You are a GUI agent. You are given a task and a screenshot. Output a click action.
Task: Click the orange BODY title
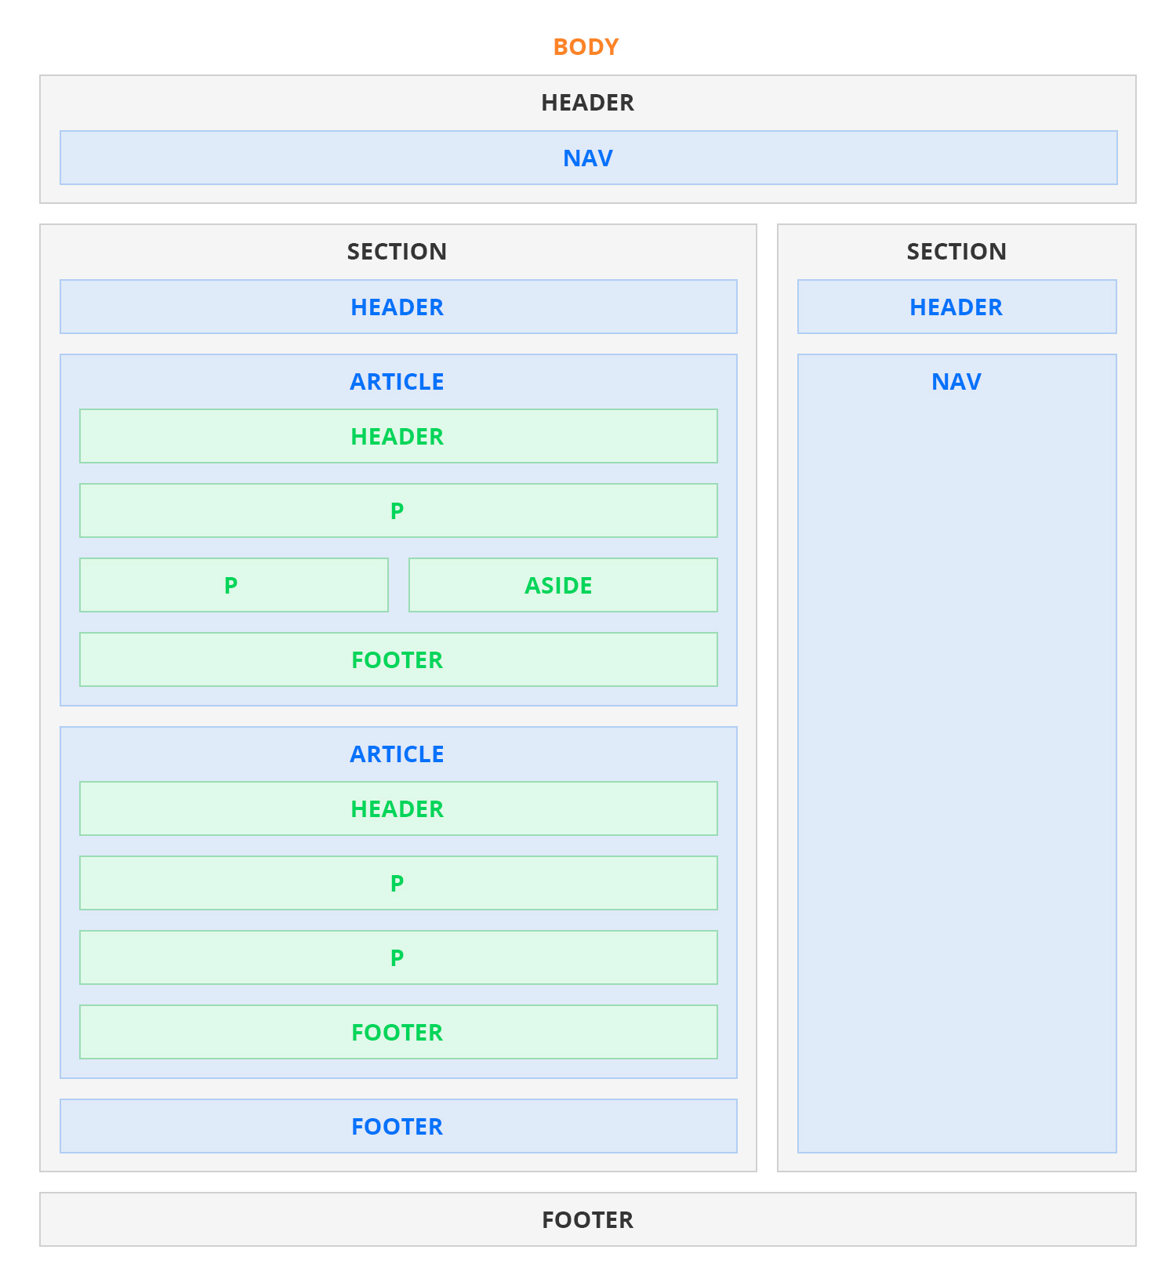(x=586, y=47)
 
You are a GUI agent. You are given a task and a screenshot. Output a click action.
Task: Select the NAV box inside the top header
(x=589, y=158)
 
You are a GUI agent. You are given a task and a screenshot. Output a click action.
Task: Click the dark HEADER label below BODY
(x=587, y=103)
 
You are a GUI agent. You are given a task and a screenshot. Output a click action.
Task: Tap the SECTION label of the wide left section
(x=397, y=252)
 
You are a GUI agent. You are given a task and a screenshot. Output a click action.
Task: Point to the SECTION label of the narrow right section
(x=956, y=252)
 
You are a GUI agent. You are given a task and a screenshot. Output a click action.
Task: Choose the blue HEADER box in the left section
(x=398, y=307)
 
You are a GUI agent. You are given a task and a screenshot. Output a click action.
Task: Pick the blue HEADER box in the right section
(x=957, y=307)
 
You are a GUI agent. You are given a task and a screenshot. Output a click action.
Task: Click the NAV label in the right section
(x=956, y=382)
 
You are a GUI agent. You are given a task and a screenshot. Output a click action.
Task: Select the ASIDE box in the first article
(x=563, y=585)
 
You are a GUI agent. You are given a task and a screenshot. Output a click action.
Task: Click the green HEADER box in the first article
(x=398, y=436)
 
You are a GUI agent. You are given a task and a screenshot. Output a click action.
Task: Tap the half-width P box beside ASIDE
(x=234, y=585)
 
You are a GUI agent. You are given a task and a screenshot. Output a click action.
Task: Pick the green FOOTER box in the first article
(x=398, y=659)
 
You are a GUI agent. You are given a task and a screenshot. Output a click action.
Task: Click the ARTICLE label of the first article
(x=397, y=382)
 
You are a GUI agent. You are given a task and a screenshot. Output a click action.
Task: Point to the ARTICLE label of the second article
(x=397, y=754)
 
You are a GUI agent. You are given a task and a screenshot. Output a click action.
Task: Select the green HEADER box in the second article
(x=398, y=808)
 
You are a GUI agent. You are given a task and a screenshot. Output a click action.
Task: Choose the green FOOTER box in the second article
(x=398, y=1032)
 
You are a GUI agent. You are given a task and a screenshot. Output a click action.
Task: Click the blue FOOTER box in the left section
(x=398, y=1126)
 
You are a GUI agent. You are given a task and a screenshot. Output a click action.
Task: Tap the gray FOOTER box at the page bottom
(x=588, y=1219)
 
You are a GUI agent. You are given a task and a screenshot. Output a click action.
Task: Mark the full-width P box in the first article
(x=398, y=510)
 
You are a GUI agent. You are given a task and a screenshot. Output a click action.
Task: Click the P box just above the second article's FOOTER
(x=398, y=957)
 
